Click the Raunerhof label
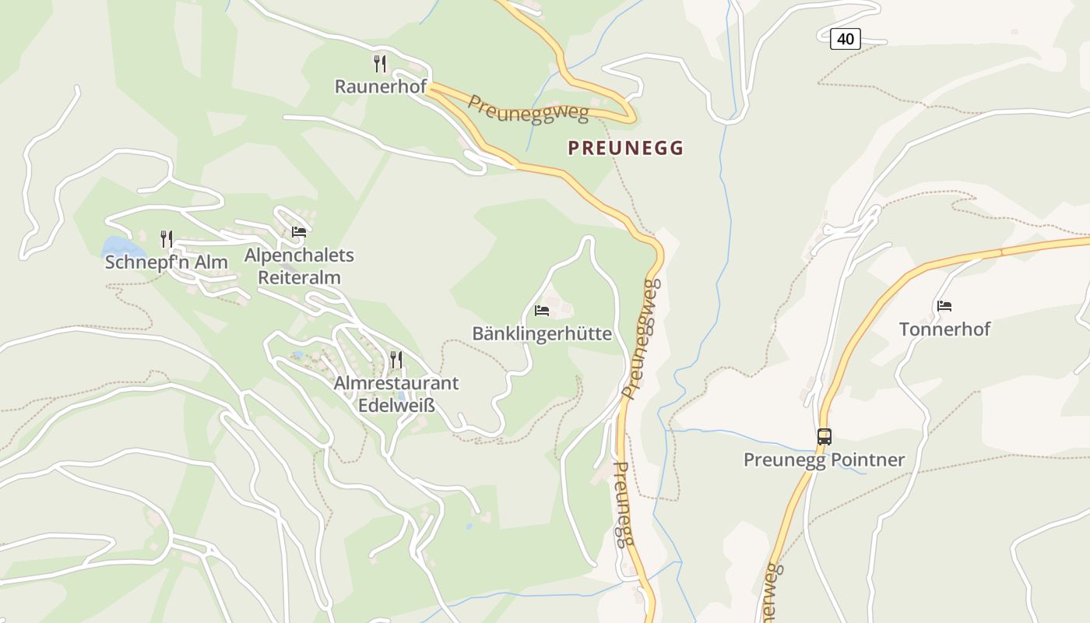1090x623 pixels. pos(380,86)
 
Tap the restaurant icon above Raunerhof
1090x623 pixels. pos(380,63)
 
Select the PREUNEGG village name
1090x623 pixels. pos(625,148)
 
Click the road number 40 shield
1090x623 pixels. pos(845,38)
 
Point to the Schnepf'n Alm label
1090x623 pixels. pos(166,262)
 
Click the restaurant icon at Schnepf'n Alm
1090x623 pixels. pos(167,238)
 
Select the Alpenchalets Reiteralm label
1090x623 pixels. pos(299,266)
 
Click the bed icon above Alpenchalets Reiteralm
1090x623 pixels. pos(299,231)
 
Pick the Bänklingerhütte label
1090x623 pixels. pos(542,334)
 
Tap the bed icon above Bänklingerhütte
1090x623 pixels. pos(542,310)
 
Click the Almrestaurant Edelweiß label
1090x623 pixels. pos(396,394)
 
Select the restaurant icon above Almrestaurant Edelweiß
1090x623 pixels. pos(396,359)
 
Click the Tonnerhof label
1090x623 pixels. pos(944,329)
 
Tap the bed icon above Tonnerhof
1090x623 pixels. pos(944,305)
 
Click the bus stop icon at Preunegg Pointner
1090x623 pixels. pos(824,436)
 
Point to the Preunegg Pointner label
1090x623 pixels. pos(824,459)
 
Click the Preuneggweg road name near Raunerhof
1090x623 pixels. pos(528,108)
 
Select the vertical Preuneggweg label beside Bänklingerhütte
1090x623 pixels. pos(642,339)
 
